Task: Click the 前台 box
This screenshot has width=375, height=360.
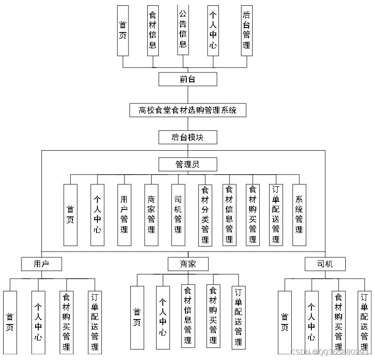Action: tap(188, 79)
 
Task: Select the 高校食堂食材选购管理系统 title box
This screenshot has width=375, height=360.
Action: tap(188, 110)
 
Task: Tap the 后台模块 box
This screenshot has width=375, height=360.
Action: tap(188, 137)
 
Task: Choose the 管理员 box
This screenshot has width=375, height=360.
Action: tap(188, 164)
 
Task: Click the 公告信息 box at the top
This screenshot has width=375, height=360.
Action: tap(183, 30)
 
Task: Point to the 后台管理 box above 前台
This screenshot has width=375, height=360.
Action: tap(246, 30)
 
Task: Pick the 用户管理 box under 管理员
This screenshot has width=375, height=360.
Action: tap(124, 215)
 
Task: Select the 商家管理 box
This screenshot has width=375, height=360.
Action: tap(151, 215)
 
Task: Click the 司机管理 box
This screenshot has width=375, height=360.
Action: tap(178, 215)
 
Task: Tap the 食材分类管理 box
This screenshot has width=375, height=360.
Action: tap(205, 215)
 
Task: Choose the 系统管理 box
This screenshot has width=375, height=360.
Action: tap(299, 215)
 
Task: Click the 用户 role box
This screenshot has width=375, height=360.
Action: tap(41, 264)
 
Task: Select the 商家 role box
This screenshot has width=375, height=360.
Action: tap(188, 264)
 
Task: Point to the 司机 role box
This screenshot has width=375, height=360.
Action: tap(325, 264)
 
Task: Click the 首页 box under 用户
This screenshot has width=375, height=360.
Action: tap(10, 322)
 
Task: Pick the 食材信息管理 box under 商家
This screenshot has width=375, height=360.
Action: tap(188, 316)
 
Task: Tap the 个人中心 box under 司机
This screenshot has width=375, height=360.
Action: tap(311, 322)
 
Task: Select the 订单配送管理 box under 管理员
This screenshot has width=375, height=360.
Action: tap(276, 215)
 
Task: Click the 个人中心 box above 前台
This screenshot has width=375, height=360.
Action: tap(213, 30)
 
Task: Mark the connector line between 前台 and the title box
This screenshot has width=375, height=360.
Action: tap(188, 95)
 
